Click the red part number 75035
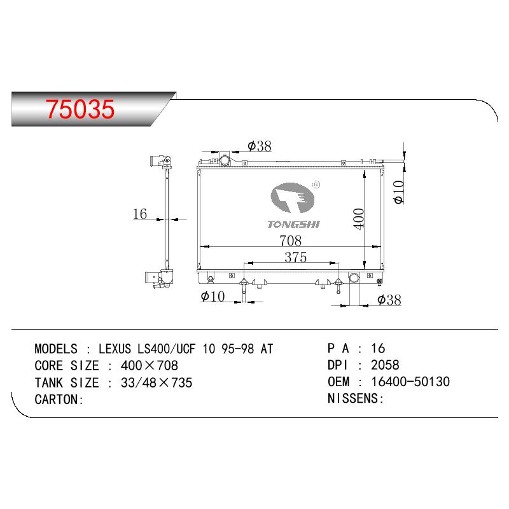pos(80,109)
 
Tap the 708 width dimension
pos(290,241)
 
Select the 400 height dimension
pos(359,219)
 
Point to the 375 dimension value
pos(295,257)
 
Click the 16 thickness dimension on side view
pos(139,214)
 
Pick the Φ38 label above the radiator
pos(260,146)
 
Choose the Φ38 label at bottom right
pos(389,300)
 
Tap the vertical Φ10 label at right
pos(398,192)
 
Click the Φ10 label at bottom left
pos(213,296)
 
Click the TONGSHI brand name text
pos(293,225)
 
